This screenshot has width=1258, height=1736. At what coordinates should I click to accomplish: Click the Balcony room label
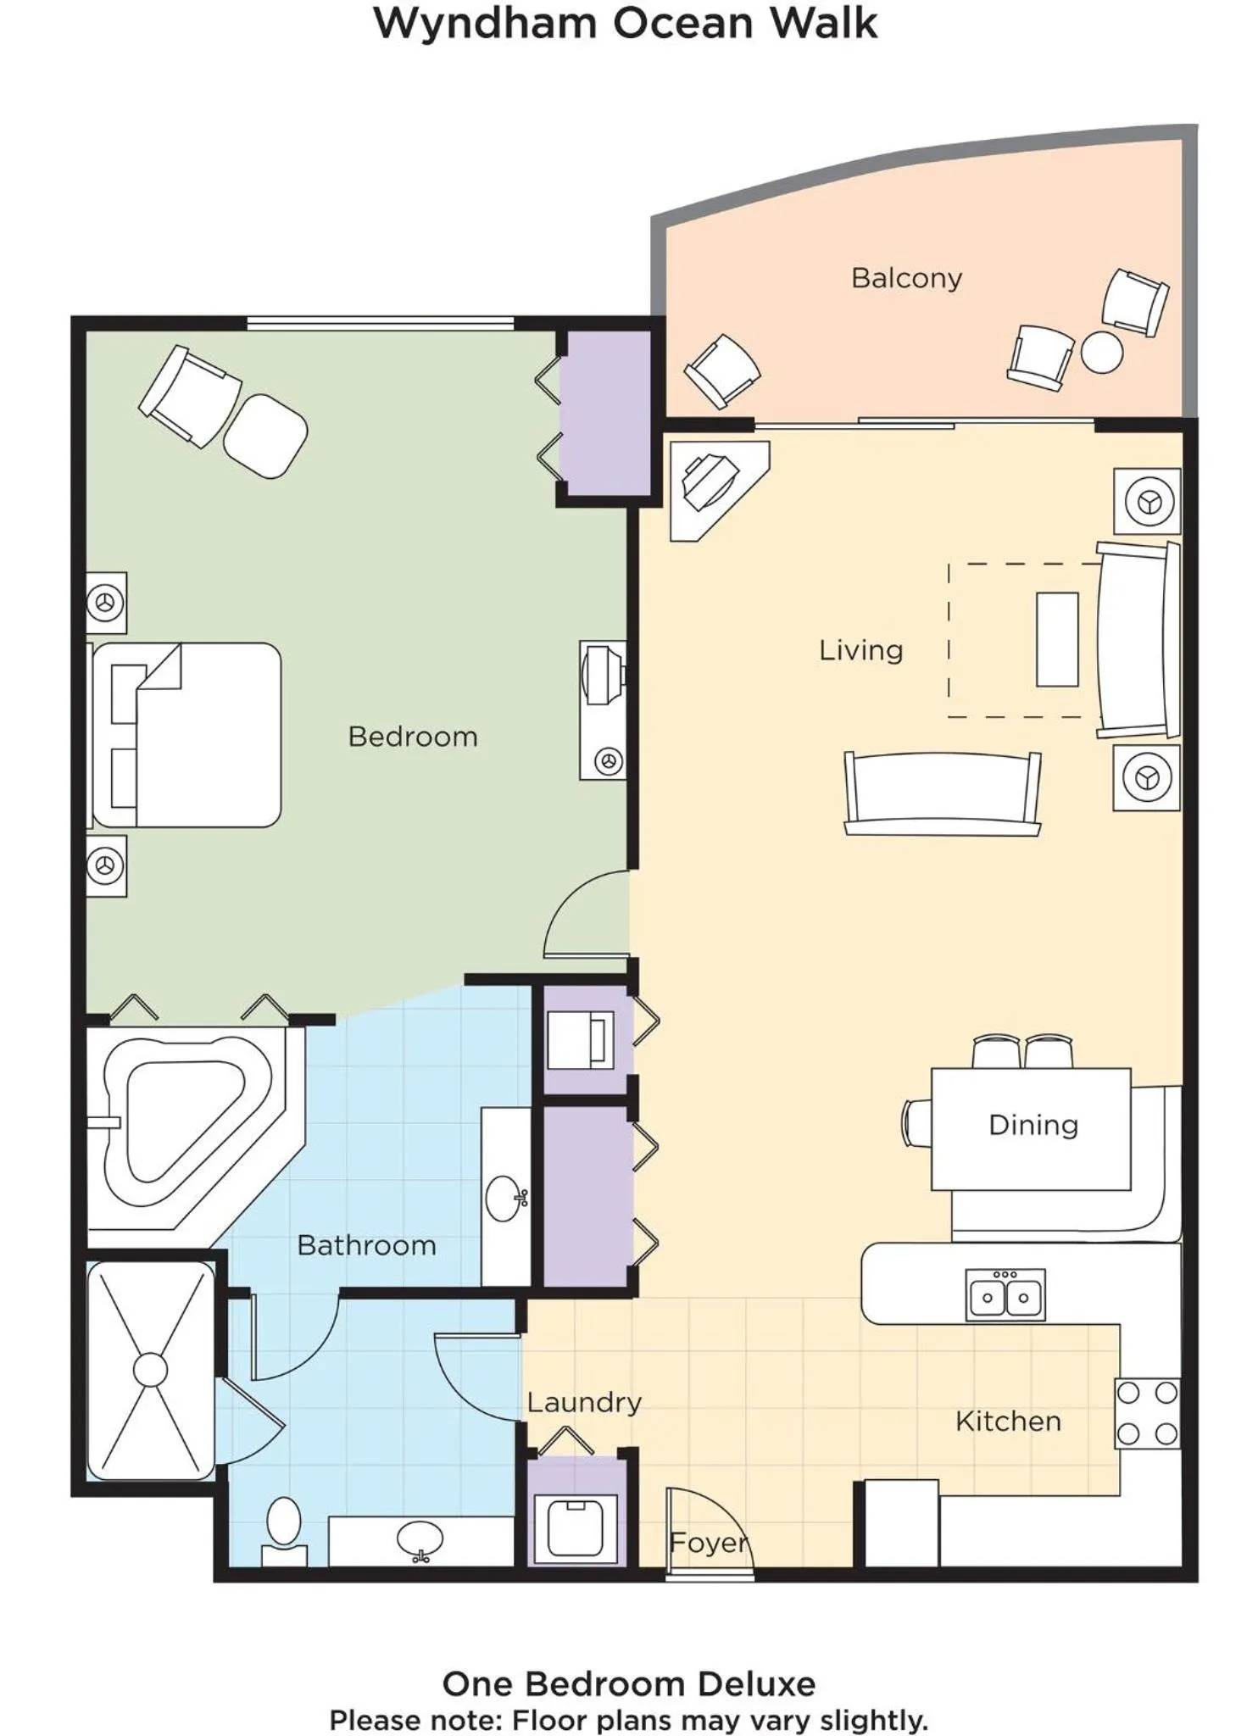pyautogui.click(x=906, y=279)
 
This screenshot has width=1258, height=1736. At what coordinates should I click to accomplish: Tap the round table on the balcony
pyautogui.click(x=1102, y=352)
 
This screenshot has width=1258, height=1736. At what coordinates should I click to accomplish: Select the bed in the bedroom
pyautogui.click(x=187, y=735)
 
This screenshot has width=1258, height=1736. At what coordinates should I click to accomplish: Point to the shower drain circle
pyautogui.click(x=151, y=1370)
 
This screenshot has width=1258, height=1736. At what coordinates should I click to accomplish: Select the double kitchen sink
pyautogui.click(x=1005, y=1295)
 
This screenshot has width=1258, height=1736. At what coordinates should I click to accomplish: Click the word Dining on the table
pyautogui.click(x=1033, y=1125)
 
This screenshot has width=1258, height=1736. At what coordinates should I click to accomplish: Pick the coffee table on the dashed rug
pyautogui.click(x=1057, y=640)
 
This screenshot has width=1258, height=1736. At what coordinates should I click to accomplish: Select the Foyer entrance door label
pyautogui.click(x=709, y=1543)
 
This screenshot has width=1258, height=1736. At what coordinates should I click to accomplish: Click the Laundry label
pyautogui.click(x=584, y=1403)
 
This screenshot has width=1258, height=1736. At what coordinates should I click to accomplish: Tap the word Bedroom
pyautogui.click(x=413, y=737)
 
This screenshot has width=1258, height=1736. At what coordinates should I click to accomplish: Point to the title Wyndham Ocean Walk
pyautogui.click(x=626, y=24)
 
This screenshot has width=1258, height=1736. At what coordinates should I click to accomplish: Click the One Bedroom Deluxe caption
pyautogui.click(x=629, y=1683)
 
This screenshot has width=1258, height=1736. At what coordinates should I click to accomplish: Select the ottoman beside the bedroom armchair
pyautogui.click(x=265, y=436)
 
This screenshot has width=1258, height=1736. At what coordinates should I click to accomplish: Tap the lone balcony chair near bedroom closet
pyautogui.click(x=722, y=370)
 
